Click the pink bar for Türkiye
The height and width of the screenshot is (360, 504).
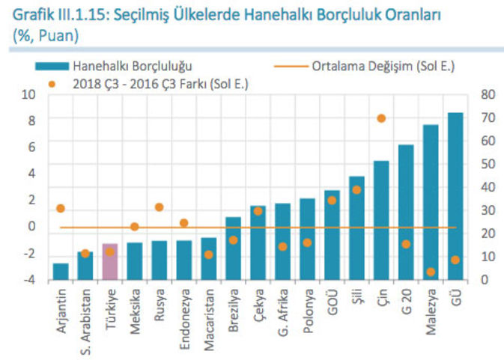click(x=110, y=262)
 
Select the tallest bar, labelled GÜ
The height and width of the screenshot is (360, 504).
click(x=455, y=198)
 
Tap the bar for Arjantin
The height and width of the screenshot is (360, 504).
click(x=61, y=272)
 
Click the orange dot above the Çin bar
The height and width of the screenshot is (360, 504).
click(x=381, y=118)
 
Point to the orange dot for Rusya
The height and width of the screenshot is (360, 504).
click(x=159, y=207)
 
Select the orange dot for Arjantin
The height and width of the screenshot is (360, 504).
click(x=61, y=209)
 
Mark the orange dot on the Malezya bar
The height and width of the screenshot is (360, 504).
click(x=431, y=272)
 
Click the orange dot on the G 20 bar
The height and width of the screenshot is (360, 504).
click(x=406, y=244)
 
